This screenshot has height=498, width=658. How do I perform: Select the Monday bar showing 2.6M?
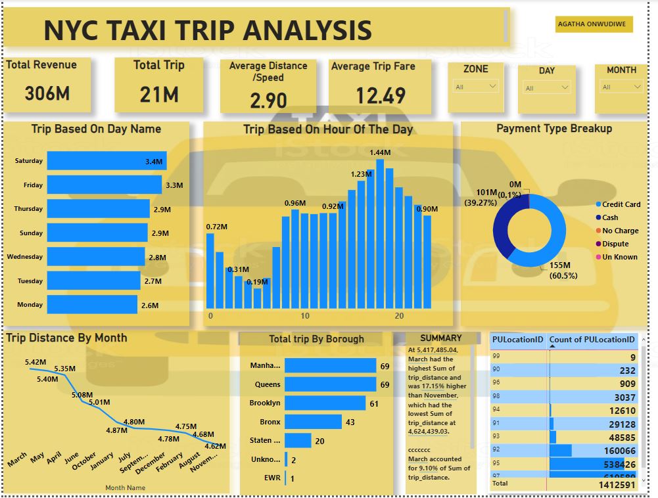[x=92, y=305]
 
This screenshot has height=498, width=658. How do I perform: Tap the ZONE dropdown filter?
[x=475, y=86]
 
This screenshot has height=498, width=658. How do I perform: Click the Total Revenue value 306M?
[x=47, y=93]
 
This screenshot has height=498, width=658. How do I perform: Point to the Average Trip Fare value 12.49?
[x=381, y=97]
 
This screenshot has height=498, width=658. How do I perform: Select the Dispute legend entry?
[x=615, y=244]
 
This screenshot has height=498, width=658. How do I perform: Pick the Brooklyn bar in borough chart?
[x=325, y=403]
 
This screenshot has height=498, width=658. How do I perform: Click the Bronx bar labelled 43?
[x=313, y=422]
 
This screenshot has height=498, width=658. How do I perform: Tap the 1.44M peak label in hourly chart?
[x=380, y=152]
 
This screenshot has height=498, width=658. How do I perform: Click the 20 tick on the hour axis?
[x=399, y=316]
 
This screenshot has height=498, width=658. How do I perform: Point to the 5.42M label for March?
[x=35, y=362]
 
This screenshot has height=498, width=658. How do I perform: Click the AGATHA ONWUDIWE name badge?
[x=594, y=24]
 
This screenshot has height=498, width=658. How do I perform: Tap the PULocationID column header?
[x=517, y=340]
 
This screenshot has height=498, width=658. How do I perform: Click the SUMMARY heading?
[x=441, y=338]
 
